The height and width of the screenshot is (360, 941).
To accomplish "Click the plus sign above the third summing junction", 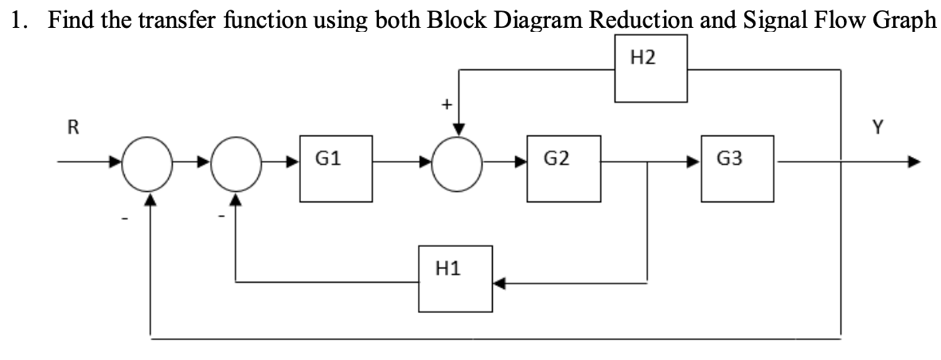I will pyautogui.click(x=447, y=104).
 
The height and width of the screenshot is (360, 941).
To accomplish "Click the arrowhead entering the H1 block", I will pyautogui.click(x=498, y=280).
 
